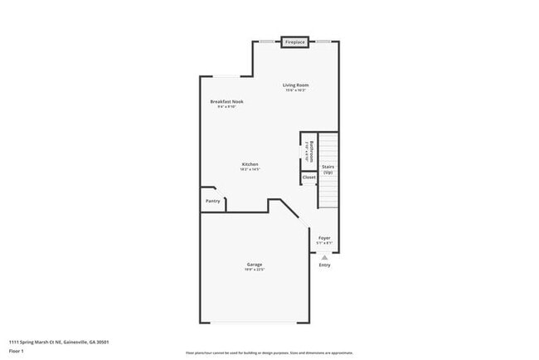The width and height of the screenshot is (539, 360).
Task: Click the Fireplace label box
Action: [294, 41]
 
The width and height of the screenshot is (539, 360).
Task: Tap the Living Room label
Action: [295, 85]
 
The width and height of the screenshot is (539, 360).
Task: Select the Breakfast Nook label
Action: [226, 101]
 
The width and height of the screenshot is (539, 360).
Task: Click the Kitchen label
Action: [250, 164]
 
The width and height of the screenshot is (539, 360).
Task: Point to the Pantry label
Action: [213, 201]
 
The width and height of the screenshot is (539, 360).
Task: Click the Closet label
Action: [308, 178]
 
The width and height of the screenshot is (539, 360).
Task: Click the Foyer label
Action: [324, 238]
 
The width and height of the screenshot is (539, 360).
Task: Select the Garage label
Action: [254, 265]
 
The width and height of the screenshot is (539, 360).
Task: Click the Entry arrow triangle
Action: [324, 257]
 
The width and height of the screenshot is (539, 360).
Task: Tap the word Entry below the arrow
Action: [324, 265]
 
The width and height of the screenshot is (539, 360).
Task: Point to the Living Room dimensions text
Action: [295, 90]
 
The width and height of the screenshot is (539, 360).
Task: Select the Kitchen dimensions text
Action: [250, 170]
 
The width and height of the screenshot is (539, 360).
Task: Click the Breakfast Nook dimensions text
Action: [226, 107]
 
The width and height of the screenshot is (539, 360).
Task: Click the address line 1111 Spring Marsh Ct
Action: [59, 342]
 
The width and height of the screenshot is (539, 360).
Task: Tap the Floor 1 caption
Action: [17, 351]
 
